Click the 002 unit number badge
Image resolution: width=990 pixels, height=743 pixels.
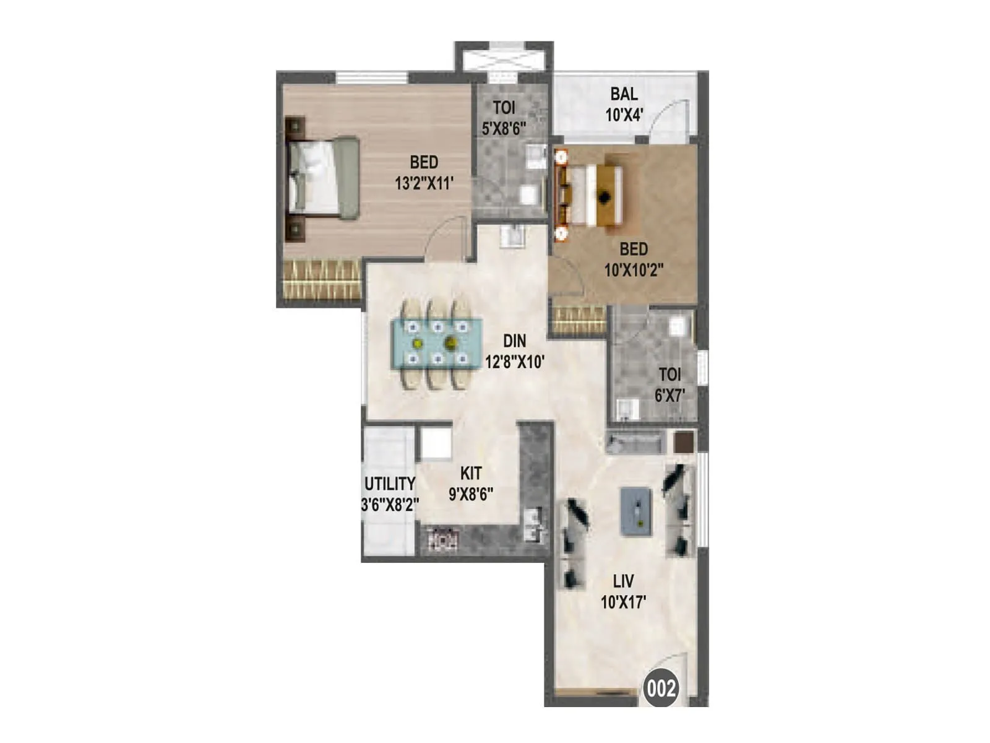click(x=661, y=688)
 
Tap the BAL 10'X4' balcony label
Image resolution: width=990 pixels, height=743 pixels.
click(x=624, y=104)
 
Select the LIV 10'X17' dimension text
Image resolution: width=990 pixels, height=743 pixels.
click(x=623, y=601)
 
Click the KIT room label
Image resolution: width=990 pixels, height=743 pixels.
click(x=471, y=474)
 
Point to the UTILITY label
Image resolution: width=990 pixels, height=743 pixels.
click(x=390, y=484)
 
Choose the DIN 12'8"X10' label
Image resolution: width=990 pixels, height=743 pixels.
click(x=514, y=351)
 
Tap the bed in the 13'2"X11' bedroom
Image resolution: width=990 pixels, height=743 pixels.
click(x=322, y=177)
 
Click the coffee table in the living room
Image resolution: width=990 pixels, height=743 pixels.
click(x=636, y=510)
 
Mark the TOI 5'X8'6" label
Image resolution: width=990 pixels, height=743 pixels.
click(x=504, y=118)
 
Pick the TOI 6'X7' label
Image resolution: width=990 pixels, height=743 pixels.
click(x=669, y=385)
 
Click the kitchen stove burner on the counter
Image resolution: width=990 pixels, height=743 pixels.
click(x=442, y=541)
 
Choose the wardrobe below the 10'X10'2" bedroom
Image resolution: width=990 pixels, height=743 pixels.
click(x=578, y=319)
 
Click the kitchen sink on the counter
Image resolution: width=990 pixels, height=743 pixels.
click(x=533, y=523)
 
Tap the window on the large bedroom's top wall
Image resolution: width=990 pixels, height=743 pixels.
click(x=371, y=77)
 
